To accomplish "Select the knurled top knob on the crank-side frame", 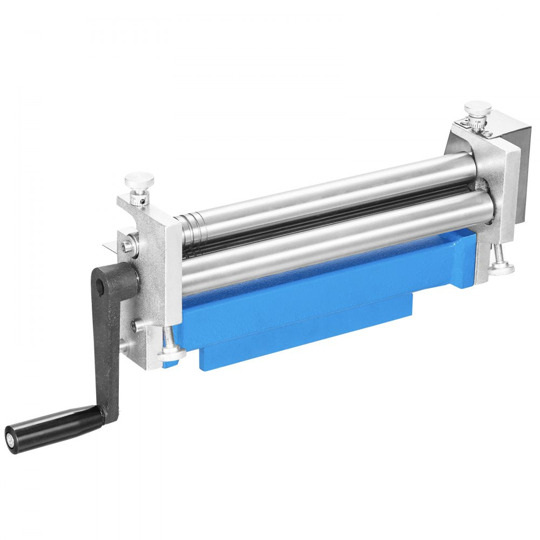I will pos(139,179).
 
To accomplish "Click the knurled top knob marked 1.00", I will pos(477,108).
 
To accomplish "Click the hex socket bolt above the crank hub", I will pos(127,246).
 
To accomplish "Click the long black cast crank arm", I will pos(111,346).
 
